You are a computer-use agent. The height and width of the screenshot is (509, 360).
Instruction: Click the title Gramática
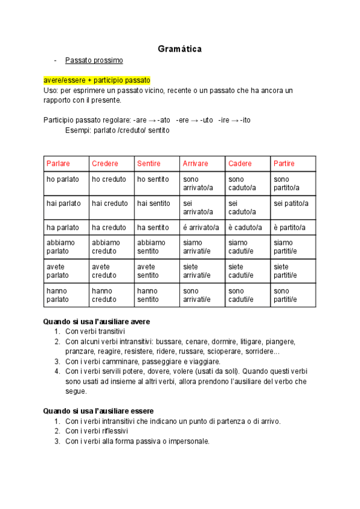point(179,49)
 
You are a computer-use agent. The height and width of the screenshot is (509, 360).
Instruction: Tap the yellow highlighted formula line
point(97,80)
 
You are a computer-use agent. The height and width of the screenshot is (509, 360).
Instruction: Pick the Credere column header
point(105,163)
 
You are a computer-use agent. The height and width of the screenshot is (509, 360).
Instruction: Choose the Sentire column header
point(149,163)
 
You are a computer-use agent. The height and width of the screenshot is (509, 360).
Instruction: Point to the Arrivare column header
point(196,163)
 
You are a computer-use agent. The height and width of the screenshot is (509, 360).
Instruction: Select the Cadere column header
point(241,163)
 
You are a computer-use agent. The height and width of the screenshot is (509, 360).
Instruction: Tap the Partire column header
point(284,163)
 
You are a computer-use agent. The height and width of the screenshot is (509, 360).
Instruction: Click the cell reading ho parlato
point(64,179)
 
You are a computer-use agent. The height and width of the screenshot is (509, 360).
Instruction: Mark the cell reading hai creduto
point(109,203)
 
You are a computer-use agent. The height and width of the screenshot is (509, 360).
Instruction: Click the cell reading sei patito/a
point(291,203)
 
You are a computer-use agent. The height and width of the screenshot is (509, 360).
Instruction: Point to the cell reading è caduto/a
point(245,227)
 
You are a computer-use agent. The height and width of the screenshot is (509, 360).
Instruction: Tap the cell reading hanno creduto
point(104,295)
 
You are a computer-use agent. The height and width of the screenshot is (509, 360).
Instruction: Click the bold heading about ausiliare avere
point(97,322)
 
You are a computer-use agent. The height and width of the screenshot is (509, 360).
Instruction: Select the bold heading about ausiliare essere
point(98,411)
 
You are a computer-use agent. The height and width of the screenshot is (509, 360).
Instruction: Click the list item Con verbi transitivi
point(95,331)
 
